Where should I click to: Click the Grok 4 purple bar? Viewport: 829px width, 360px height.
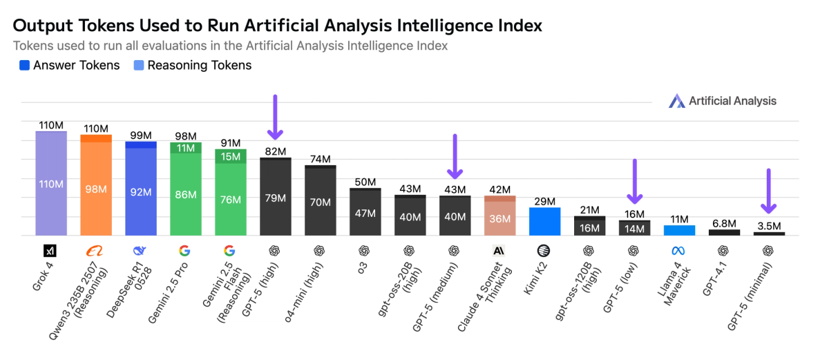(x=50, y=183)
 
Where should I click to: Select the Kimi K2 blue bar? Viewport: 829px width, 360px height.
(x=544, y=221)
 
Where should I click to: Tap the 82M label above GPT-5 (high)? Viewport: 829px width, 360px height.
(x=275, y=151)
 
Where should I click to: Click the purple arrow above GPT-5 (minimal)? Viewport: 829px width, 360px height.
(x=769, y=191)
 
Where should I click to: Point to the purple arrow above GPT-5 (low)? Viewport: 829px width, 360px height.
(x=634, y=181)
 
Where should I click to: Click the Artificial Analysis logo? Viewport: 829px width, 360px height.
(x=723, y=101)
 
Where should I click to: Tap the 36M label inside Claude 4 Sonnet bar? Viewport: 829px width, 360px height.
(x=499, y=218)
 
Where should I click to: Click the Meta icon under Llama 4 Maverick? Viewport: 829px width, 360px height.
(x=679, y=250)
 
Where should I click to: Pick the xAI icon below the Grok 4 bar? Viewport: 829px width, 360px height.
(x=50, y=250)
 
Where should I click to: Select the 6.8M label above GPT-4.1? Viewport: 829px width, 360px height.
(x=724, y=223)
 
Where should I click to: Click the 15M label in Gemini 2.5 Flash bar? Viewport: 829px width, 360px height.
(x=230, y=156)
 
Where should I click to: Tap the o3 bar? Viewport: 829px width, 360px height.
(x=365, y=212)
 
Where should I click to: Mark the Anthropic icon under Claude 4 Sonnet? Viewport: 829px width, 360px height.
(x=499, y=250)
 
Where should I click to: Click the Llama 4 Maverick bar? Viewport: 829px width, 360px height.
(x=679, y=230)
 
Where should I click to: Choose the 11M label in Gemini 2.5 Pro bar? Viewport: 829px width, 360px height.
(x=185, y=148)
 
